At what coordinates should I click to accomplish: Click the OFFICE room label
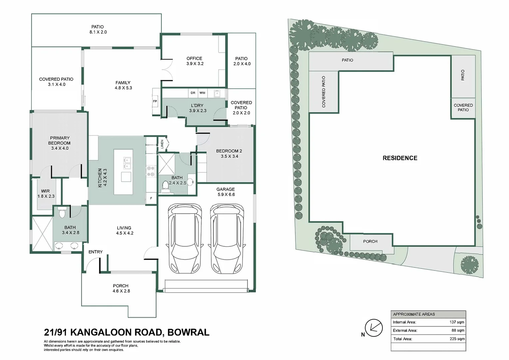point(194,58)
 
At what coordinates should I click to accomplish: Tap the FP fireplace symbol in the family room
point(155,101)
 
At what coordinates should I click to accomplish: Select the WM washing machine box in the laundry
point(202,93)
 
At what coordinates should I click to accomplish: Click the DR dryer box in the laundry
point(193,93)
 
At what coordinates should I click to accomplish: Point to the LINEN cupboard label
point(162,144)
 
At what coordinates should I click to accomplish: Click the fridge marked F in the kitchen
point(151,198)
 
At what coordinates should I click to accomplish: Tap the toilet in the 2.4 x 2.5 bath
point(165,186)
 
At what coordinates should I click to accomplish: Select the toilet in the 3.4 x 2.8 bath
point(62,212)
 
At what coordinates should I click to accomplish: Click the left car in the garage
point(185,239)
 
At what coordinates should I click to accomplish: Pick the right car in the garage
point(227,239)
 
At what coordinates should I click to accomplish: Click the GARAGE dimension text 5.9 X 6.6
point(226,194)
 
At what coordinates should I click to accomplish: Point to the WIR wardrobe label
point(45,191)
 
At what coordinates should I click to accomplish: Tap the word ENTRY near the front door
point(95,252)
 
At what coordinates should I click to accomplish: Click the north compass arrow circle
point(374,328)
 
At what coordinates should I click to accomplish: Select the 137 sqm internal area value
point(457,322)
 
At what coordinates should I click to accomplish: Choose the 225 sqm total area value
point(457,339)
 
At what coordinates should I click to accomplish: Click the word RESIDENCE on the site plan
point(400,158)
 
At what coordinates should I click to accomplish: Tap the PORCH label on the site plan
point(370,242)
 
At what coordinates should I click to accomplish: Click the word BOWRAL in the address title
point(188,332)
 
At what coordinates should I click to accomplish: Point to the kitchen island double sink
point(127,163)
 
